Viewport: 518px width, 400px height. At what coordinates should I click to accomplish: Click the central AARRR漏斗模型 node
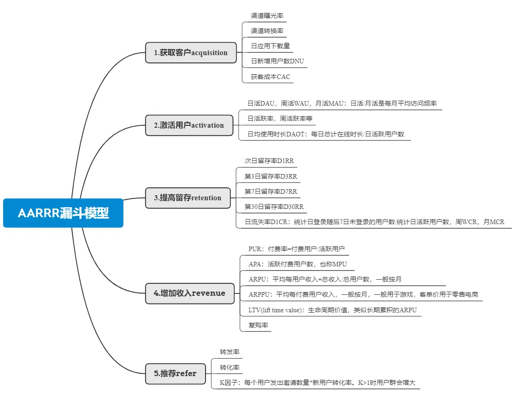tap(63, 213)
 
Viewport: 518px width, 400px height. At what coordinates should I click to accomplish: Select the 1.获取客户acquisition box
tap(191, 52)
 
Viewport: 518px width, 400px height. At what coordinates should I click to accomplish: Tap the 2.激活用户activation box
tap(189, 125)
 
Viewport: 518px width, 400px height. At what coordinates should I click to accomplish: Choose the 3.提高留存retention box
tap(188, 198)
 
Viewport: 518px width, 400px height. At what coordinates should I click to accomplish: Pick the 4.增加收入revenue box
tap(189, 293)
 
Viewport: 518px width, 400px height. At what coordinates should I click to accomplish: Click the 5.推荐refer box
tap(175, 373)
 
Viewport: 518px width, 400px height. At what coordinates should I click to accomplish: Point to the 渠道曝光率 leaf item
tap(267, 16)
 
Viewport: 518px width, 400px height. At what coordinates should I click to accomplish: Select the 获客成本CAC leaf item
tap(270, 77)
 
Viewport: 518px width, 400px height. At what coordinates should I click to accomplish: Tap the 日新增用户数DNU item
tap(277, 61)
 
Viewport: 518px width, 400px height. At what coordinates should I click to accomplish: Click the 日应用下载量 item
tap(270, 46)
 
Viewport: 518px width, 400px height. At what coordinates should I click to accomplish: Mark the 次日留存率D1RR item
tap(269, 161)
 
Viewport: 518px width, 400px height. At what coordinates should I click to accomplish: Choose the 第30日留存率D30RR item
tap(274, 207)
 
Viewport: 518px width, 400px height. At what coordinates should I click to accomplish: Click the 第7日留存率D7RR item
tap(271, 191)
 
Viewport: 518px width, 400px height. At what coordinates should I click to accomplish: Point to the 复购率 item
tap(258, 325)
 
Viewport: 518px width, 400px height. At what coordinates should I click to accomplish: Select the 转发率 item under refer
tap(229, 352)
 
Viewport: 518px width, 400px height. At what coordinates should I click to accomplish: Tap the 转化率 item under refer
tap(229, 367)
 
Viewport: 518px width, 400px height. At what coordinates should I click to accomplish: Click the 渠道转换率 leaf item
tap(267, 31)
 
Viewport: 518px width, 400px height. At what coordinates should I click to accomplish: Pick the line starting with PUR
tap(296, 249)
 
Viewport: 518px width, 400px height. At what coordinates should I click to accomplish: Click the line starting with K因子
tap(317, 383)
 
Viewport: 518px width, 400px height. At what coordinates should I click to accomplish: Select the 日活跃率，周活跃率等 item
tap(280, 119)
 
